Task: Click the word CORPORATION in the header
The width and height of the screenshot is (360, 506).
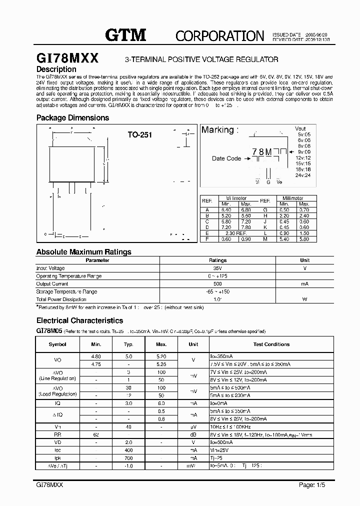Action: point(219,35)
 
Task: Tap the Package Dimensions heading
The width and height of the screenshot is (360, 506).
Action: point(72,118)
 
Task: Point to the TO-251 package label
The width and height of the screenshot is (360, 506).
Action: point(139,134)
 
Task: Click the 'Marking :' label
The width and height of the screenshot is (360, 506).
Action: point(220,130)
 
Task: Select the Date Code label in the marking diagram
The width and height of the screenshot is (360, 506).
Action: point(226,158)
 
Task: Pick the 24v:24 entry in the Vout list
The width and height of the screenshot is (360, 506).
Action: point(303,175)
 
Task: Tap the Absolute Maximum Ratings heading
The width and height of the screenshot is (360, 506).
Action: point(83,252)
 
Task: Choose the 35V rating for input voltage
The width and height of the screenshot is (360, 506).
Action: point(217,268)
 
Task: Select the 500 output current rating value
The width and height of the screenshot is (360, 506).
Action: point(217,283)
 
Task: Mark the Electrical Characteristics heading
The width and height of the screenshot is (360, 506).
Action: point(79,320)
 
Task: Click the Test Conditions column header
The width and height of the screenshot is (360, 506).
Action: point(271,344)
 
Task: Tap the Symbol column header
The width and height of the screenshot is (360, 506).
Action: point(57,344)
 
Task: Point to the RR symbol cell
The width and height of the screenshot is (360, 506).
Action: point(57,435)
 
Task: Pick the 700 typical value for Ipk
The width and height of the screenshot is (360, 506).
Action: point(128,458)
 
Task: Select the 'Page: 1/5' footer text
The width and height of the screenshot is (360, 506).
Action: point(313,485)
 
